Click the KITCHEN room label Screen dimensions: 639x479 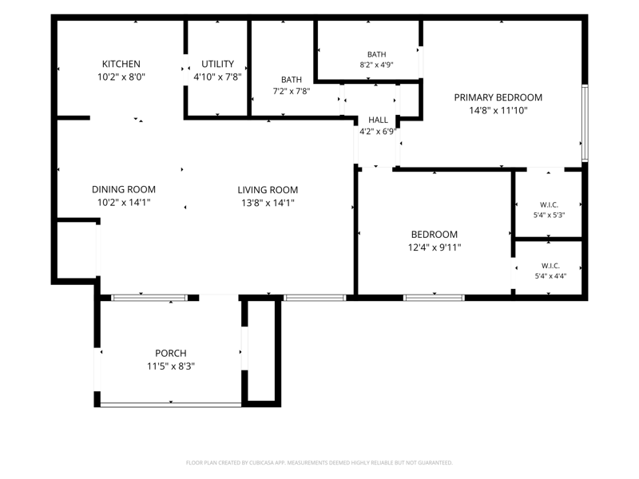(121, 64)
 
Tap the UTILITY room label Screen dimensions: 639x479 (217, 64)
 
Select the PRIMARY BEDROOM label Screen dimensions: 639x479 (498, 97)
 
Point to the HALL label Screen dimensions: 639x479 (378, 120)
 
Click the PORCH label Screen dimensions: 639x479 (171, 353)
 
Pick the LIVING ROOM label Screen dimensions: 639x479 (268, 190)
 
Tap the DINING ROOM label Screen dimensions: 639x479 (124, 189)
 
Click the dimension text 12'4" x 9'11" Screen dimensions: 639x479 (435, 247)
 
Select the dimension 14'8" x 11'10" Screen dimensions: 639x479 (498, 110)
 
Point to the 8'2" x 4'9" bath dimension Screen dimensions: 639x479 (376, 65)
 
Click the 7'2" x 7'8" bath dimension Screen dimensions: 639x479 (292, 91)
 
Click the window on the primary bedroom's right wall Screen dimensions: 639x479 (585, 123)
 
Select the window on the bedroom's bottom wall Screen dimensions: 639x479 (434, 298)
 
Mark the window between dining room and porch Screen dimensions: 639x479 (149, 298)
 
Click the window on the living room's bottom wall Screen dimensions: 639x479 (315, 298)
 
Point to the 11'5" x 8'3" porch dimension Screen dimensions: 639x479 (171, 366)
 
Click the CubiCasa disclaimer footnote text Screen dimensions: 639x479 (319, 463)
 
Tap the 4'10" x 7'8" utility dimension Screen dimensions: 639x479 (217, 77)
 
